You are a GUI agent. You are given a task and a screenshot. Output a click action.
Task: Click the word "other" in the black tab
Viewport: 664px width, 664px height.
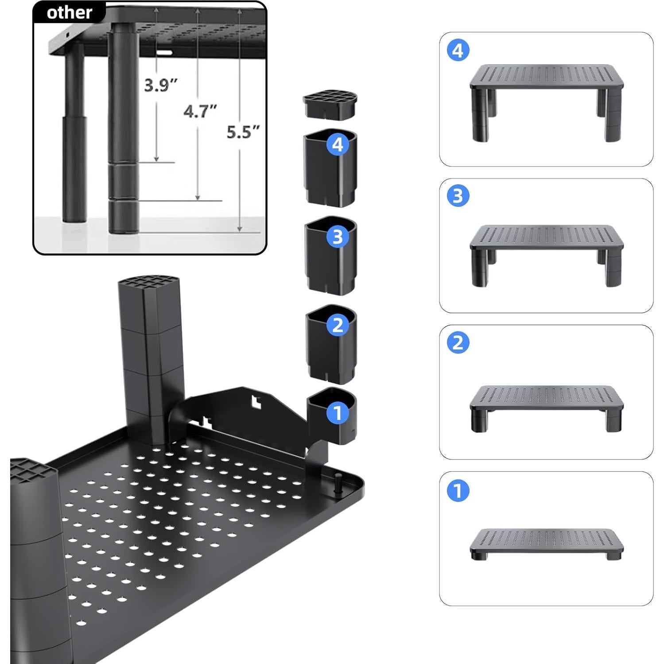point(69,13)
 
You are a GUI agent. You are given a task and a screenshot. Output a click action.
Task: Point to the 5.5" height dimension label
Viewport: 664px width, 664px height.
point(243,132)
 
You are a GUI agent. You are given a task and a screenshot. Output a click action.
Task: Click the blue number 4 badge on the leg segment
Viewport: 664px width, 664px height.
point(338,144)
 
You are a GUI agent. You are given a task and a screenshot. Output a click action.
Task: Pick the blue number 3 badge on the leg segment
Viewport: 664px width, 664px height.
point(338,237)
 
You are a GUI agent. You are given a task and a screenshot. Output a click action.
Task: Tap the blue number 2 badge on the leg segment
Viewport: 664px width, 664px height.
point(338,326)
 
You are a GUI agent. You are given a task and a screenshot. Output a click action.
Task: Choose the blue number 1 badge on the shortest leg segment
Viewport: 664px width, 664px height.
point(338,413)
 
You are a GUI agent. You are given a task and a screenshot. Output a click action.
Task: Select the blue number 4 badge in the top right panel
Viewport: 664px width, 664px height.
point(458,50)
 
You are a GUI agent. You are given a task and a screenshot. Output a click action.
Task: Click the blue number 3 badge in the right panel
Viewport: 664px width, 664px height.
point(458,196)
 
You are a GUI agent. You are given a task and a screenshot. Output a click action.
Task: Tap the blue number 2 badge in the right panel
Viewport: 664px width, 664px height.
point(458,343)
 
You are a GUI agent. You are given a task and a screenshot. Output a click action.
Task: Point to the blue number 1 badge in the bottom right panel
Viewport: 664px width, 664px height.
point(458,491)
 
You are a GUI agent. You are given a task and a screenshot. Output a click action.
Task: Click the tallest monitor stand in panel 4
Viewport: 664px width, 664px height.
point(546,100)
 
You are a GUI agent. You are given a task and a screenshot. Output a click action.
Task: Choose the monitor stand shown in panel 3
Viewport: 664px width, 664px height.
point(546,252)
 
